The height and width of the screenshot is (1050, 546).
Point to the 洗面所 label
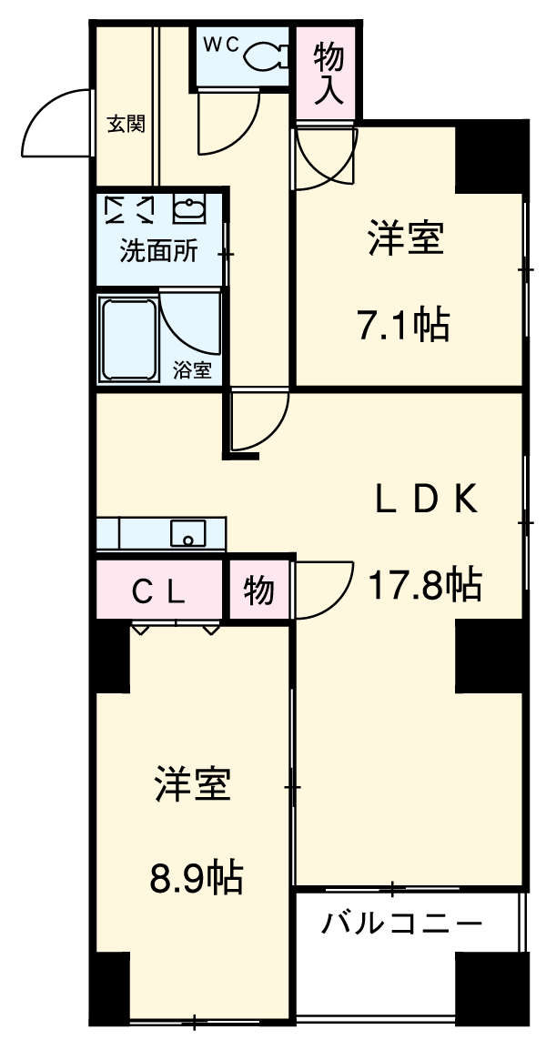(158, 251)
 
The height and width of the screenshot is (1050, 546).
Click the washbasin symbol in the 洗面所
(189, 210)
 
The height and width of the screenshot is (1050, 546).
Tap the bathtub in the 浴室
(127, 336)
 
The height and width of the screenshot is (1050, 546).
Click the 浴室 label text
(192, 370)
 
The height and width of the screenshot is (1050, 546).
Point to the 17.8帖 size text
(423, 585)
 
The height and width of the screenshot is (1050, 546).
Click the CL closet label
(159, 592)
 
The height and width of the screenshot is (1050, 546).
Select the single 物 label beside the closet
(258, 592)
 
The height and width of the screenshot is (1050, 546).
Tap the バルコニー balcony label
(401, 926)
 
